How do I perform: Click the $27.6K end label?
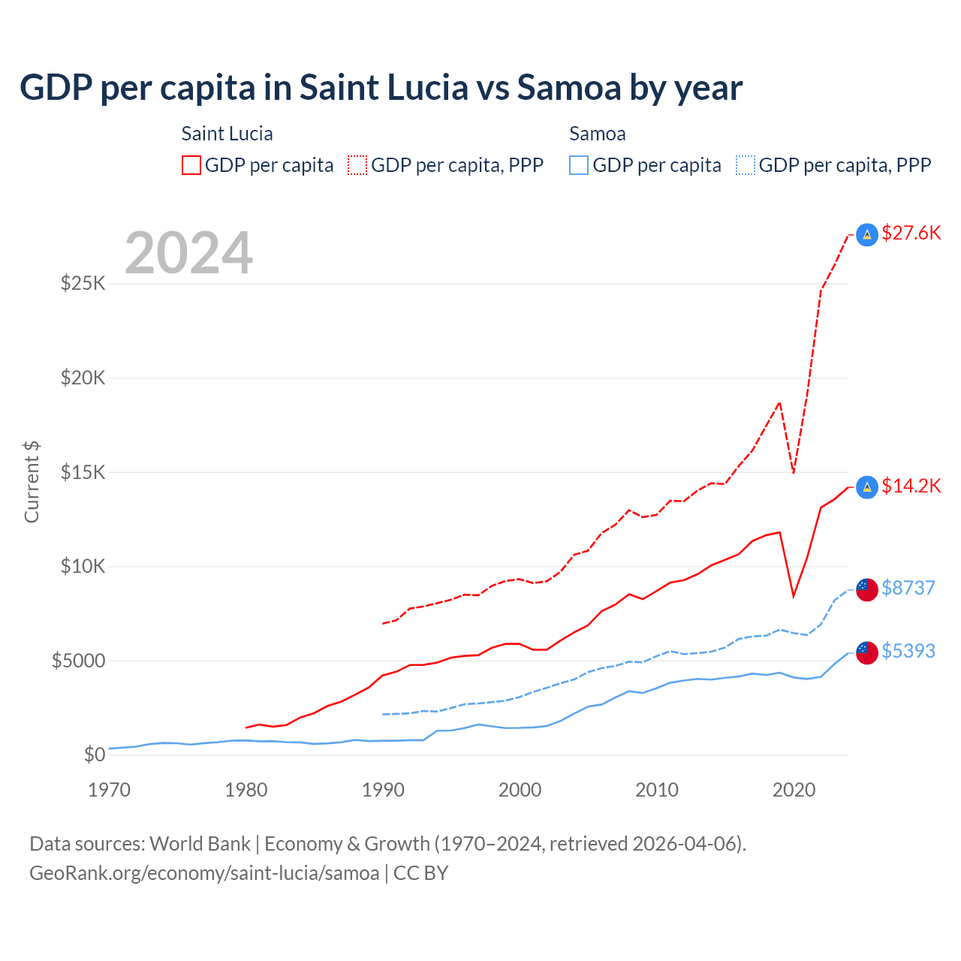[911, 233]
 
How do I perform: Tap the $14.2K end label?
[911, 487]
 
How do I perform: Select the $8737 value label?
[908, 588]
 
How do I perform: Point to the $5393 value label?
[908, 651]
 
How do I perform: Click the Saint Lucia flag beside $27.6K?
[867, 235]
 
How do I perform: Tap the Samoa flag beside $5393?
[867, 652]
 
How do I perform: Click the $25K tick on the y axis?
[83, 284]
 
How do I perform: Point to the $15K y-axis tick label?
[83, 472]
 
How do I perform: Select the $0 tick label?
[94, 755]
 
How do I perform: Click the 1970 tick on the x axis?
[110, 790]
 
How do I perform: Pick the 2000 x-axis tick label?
[520, 790]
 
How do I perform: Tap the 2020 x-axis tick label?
[794, 790]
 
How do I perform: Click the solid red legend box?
[191, 165]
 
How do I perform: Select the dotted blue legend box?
[746, 165]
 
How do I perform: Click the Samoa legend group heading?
[597, 134]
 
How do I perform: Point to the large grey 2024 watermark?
[188, 253]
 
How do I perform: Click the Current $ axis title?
[32, 482]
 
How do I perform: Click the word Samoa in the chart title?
[568, 88]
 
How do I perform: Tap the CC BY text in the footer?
[420, 873]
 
